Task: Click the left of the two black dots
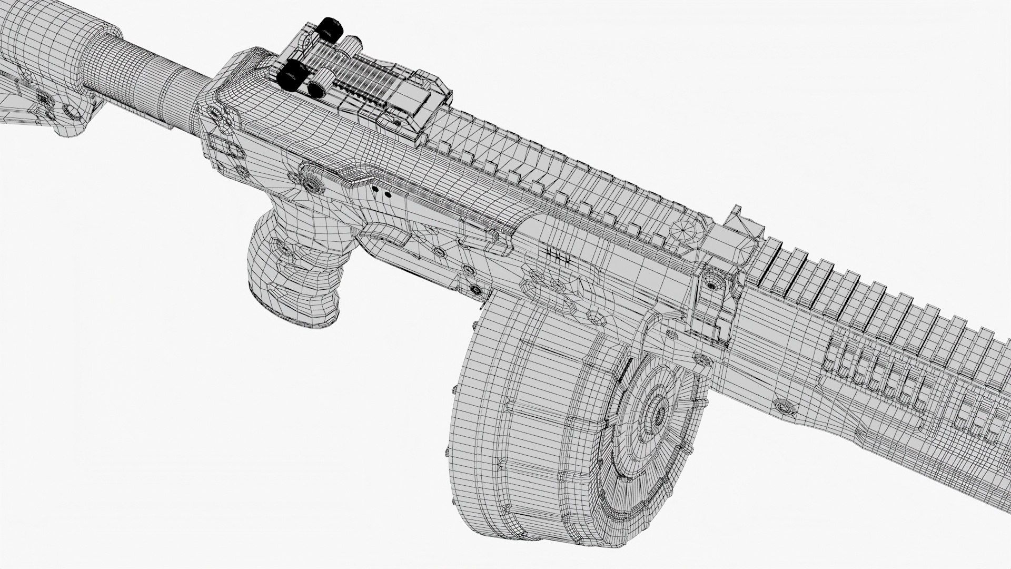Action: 375,188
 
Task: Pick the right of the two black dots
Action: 388,194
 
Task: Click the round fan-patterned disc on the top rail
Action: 687,230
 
